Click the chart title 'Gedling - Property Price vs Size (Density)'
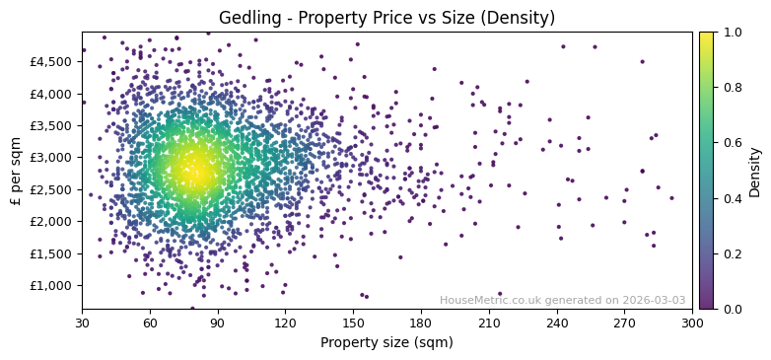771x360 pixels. [x=386, y=18]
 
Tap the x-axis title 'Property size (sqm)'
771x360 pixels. [x=386, y=343]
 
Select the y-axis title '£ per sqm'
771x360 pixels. [x=16, y=170]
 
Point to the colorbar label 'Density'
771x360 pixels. [x=755, y=172]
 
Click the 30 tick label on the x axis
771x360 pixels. [x=82, y=322]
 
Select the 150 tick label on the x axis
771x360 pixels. [x=353, y=322]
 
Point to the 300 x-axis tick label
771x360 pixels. [x=692, y=322]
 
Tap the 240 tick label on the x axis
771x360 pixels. [x=557, y=322]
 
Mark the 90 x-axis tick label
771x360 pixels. [x=218, y=322]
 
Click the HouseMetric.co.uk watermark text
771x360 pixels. [x=562, y=300]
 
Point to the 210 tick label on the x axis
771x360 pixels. [x=489, y=322]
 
